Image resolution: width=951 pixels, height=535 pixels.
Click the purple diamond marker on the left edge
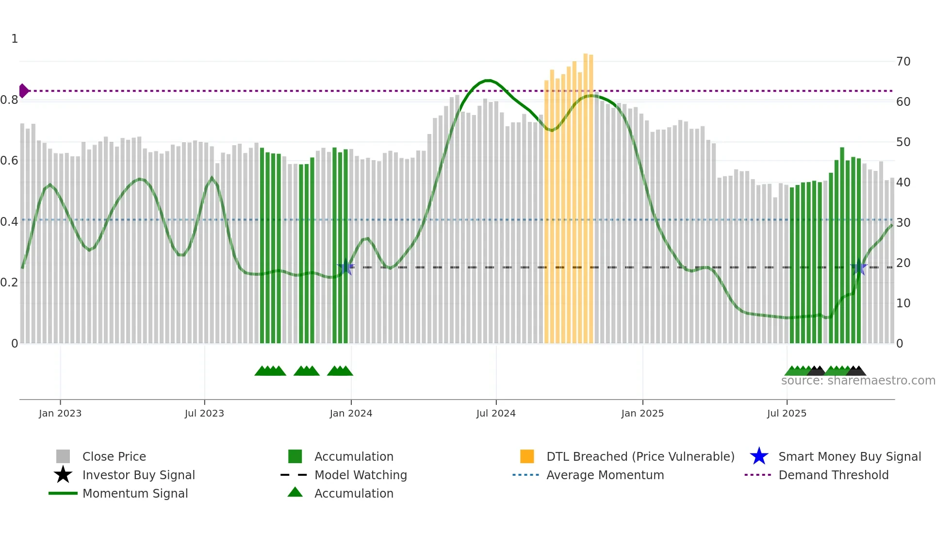click(23, 91)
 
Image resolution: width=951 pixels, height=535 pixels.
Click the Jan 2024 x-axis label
click(351, 413)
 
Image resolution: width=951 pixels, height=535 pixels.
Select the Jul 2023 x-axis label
click(204, 413)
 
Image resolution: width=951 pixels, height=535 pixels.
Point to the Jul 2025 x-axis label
click(787, 413)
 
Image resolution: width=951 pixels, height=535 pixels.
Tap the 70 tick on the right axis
click(903, 62)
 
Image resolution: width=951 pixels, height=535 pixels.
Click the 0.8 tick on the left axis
click(9, 100)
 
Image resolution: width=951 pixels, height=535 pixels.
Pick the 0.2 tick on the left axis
click(9, 283)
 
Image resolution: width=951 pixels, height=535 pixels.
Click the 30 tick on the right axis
click(903, 223)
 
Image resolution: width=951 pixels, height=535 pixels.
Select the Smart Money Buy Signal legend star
click(759, 456)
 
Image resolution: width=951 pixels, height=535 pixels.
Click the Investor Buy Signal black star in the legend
click(63, 475)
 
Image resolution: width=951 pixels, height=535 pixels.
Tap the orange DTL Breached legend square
click(527, 456)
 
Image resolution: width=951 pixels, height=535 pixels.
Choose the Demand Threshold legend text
click(833, 475)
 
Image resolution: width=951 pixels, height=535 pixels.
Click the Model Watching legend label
click(361, 475)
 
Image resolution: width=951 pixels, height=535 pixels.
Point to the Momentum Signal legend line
click(63, 493)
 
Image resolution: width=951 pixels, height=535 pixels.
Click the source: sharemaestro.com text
click(858, 381)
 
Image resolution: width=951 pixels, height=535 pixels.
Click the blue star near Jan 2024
click(345, 267)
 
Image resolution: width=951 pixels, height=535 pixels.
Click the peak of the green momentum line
click(489, 81)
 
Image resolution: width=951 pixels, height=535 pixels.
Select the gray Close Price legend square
click(63, 456)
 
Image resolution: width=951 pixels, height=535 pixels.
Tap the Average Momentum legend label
click(605, 475)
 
